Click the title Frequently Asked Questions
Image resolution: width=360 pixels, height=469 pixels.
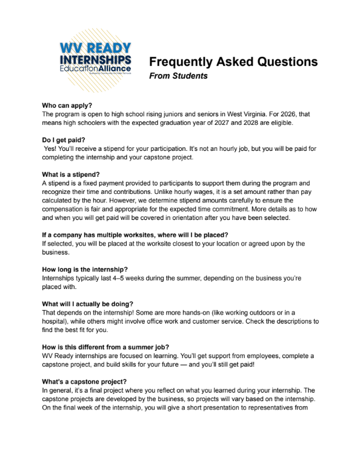tap(233, 62)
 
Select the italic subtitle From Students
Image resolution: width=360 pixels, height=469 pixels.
tap(178, 76)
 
